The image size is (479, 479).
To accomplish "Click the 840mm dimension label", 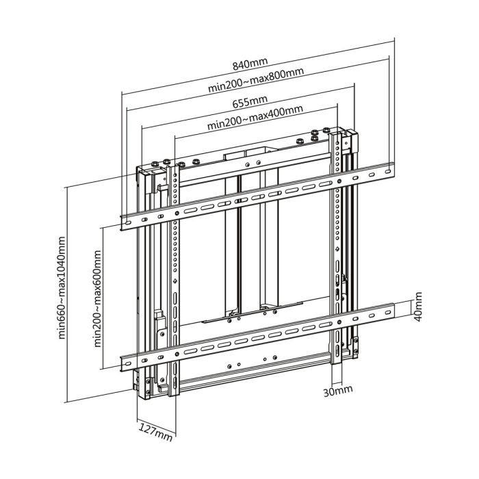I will tap(250, 65).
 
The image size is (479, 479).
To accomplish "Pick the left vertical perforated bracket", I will tap(177, 274).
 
